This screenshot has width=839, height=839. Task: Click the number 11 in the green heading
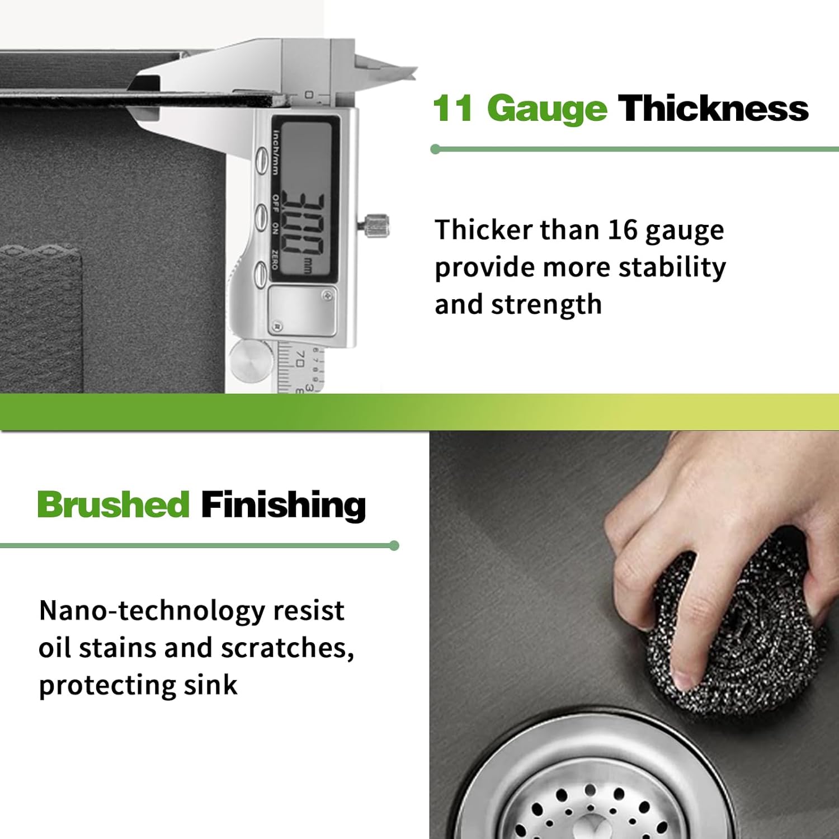click(453, 108)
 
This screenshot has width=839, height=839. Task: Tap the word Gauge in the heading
click(546, 109)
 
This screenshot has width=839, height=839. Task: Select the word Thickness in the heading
click(713, 108)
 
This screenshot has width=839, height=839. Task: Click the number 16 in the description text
click(623, 230)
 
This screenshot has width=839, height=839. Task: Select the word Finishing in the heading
click(283, 505)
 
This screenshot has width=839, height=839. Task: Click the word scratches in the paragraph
click(286, 648)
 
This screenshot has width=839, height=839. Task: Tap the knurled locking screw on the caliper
click(375, 225)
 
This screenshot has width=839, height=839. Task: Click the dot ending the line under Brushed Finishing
click(394, 545)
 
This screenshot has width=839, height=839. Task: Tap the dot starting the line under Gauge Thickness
click(436, 149)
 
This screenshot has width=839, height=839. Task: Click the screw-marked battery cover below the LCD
click(302, 310)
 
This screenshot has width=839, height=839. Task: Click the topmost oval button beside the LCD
click(261, 161)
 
